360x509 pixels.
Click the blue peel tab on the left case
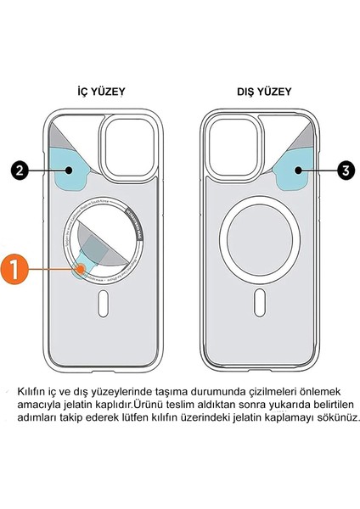tap(75, 171)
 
